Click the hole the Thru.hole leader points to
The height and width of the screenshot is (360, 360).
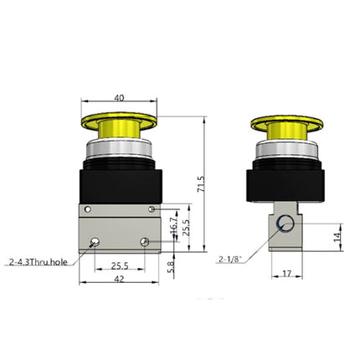[97, 243]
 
